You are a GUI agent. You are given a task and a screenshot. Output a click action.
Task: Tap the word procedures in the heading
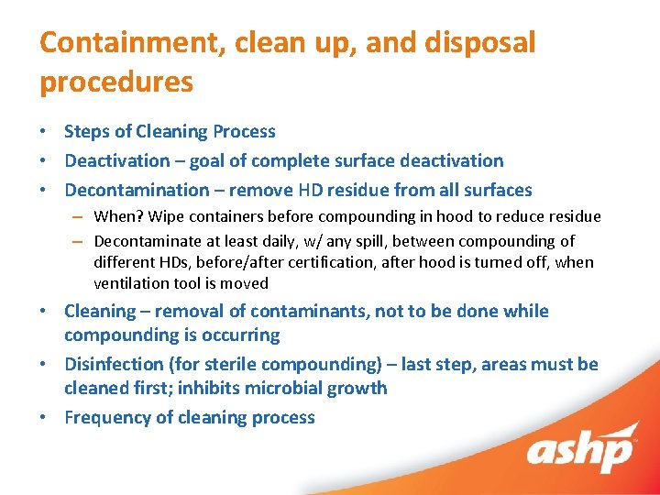pos(116,82)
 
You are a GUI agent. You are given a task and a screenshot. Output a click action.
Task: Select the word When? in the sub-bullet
pos(116,216)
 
